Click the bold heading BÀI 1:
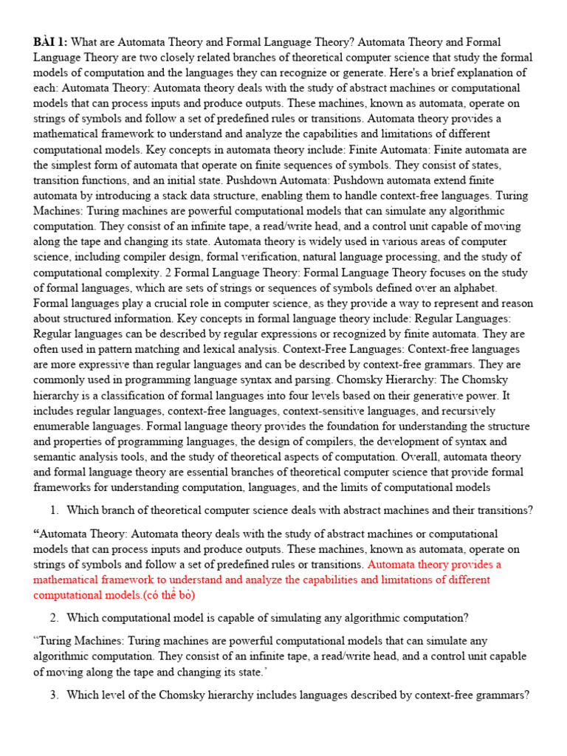coord(50,42)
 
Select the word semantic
coord(56,457)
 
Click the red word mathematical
coord(66,580)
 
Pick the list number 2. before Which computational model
coord(55,618)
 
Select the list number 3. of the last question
coord(55,695)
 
